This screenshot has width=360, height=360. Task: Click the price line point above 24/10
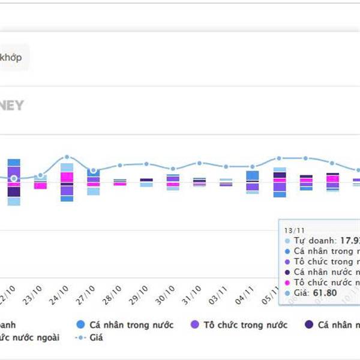67,157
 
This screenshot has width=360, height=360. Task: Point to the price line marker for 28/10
120,165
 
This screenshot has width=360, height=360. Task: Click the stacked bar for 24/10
67,182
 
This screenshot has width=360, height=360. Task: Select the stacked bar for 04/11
253,182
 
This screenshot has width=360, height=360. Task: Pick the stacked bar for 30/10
173,182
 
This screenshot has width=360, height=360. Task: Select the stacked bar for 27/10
93,181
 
